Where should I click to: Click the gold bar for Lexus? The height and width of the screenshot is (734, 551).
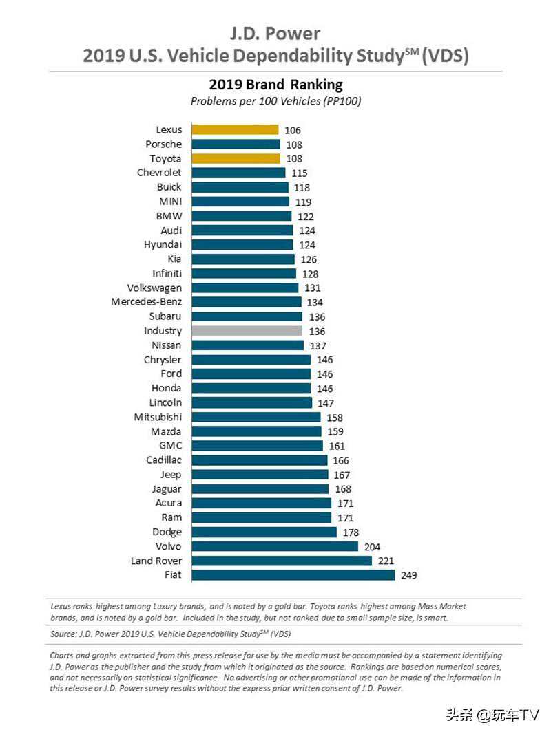tap(235, 129)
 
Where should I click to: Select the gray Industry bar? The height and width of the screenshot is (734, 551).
tap(247, 331)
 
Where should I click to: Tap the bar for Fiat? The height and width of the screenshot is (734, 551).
tap(293, 574)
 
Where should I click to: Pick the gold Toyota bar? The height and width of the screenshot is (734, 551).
tap(236, 158)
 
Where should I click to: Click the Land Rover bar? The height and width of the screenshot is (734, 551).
tap(282, 561)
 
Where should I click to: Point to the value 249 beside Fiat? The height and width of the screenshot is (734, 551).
tap(409, 575)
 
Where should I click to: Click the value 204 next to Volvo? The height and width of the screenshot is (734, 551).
tap(373, 546)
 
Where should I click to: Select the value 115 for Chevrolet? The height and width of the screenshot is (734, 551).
tap(300, 173)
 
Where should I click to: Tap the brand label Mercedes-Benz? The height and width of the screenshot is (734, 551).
tap(146, 302)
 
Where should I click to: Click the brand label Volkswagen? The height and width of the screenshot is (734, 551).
tap(154, 288)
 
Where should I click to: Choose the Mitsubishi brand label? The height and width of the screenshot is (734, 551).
tap(158, 417)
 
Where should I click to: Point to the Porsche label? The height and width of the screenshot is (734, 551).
tap(163, 144)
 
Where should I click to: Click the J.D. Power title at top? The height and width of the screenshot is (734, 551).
tap(275, 33)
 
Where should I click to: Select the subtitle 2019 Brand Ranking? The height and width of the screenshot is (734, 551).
tap(275, 85)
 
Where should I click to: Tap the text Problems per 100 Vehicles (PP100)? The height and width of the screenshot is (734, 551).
tap(275, 101)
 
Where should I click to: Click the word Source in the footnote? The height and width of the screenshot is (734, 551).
tap(63, 634)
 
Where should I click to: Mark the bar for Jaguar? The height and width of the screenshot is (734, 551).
tap(260, 488)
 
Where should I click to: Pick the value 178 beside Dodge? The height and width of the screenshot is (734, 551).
tap(351, 532)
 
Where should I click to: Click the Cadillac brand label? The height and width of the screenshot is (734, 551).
tap(163, 460)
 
